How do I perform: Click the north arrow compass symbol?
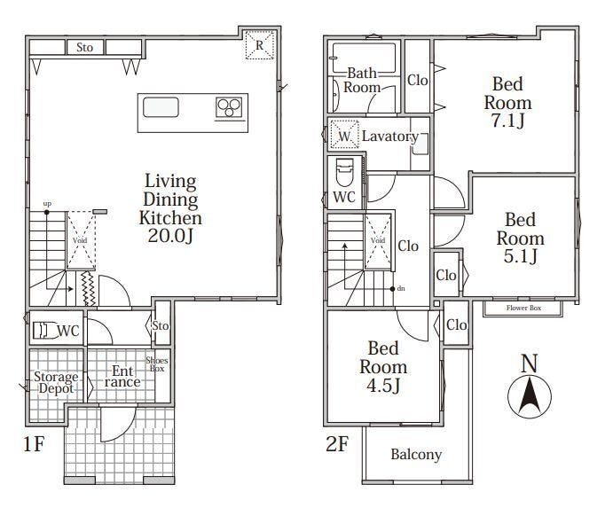coord(530,396)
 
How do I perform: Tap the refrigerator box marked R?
coord(260,45)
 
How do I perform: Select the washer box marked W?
coord(344,135)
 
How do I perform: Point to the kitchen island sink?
coord(161,107)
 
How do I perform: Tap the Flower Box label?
coord(523,308)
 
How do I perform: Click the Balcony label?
coord(416,455)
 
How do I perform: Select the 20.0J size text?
coord(171,235)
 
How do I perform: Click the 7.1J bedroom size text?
coord(507,121)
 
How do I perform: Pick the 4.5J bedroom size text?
coord(383,386)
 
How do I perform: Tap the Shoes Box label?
coord(157,364)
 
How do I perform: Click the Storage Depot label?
coord(56,383)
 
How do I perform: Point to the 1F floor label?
coord(34,444)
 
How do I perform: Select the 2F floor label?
coord(336,444)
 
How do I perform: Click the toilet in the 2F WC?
coord(344,172)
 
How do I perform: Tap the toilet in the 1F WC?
coord(43,330)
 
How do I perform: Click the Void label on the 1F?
coord(80,240)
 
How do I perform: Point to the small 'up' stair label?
coord(47,204)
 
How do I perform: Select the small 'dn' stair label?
coord(401,289)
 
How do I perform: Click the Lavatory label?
coord(390,137)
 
